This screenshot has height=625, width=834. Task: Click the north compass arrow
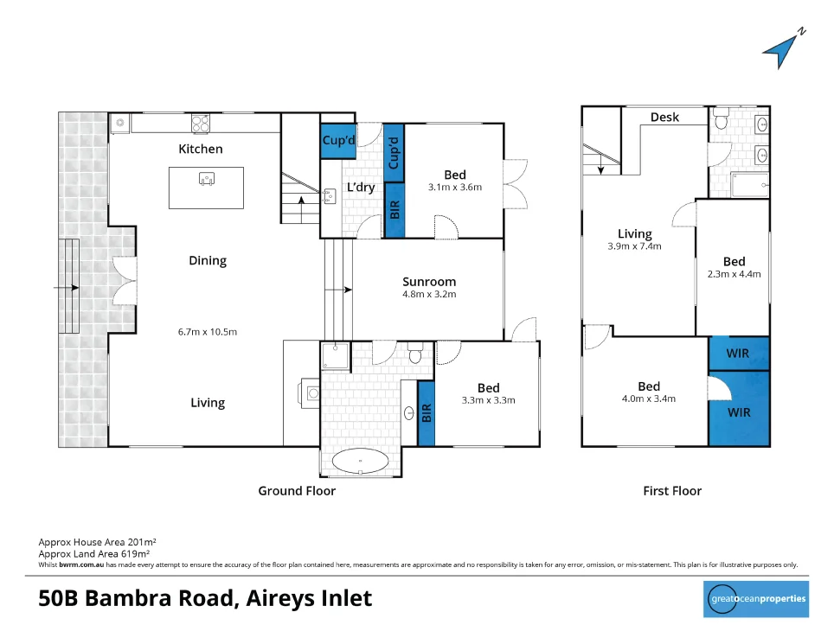[x=782, y=49]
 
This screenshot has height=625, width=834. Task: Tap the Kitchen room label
[x=201, y=149]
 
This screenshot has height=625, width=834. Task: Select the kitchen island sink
[x=207, y=179]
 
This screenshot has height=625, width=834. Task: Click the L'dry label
[x=361, y=188]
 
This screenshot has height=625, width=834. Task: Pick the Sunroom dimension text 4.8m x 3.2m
[x=429, y=294]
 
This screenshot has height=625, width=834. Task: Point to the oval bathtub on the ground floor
[x=361, y=462]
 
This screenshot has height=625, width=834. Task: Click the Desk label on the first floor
[x=665, y=118]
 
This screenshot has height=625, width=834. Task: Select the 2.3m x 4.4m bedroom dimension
[x=734, y=274]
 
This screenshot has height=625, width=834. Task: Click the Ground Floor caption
[x=297, y=491]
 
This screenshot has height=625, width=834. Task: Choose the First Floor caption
[x=672, y=491]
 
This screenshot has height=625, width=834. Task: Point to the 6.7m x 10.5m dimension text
[x=208, y=332]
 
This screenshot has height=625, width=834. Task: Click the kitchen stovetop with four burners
[x=201, y=124]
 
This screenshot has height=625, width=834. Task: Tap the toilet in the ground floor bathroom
[x=414, y=354]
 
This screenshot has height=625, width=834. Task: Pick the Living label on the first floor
[x=634, y=233]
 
